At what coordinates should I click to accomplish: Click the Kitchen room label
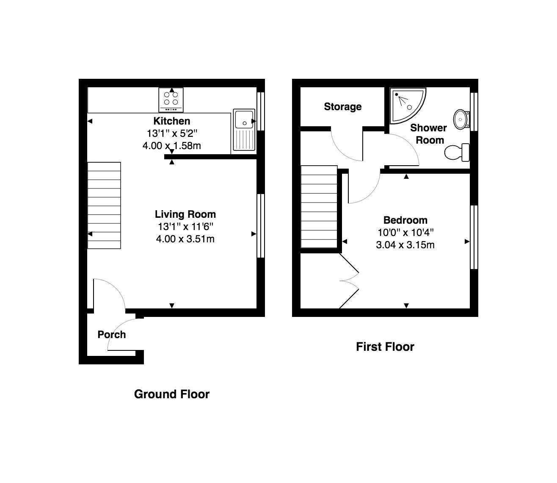pos(171,121)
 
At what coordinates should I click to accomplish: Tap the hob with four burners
pos(171,99)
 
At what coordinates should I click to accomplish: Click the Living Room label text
pos(185,214)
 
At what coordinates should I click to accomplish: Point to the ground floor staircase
pos(104,205)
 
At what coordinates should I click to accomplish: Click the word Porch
pos(112,335)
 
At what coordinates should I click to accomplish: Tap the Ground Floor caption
pos(171,394)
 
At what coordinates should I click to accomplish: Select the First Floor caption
pos(385,347)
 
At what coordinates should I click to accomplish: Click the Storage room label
pos(342,107)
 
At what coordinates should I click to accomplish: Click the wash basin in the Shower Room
pos(460,119)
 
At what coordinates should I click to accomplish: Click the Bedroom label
pos(405,220)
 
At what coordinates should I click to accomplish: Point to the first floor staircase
pos(319,207)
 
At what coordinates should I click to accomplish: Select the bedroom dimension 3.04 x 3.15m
pos(405,245)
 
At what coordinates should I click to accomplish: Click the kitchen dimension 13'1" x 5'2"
pos(172,133)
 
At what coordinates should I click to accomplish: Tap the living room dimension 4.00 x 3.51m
pos(185,239)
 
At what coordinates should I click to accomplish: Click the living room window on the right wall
pos(261,226)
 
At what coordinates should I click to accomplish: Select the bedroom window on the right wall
pos(474,237)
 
